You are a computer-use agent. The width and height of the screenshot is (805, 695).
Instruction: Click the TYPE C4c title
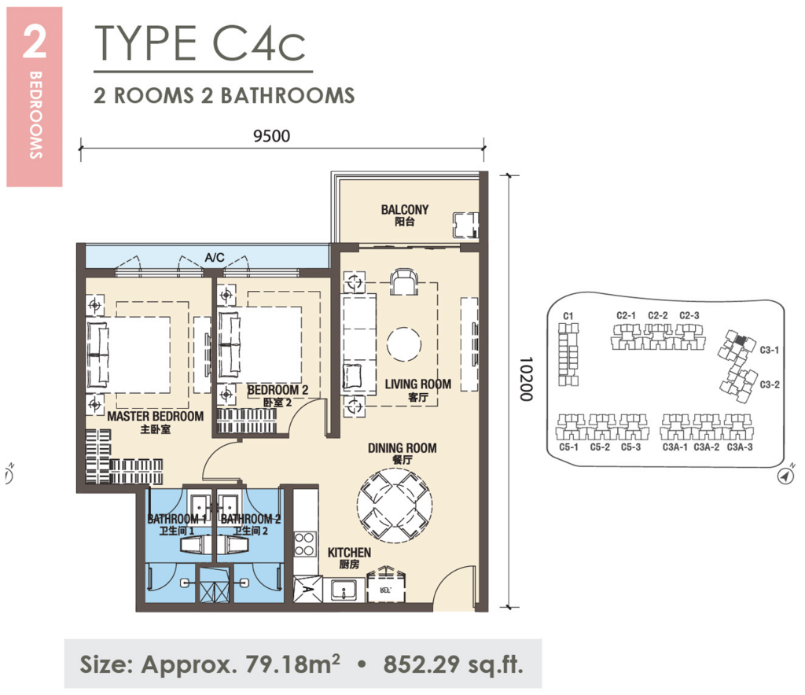tap(197, 44)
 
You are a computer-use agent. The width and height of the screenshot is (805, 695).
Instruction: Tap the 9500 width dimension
tap(273, 134)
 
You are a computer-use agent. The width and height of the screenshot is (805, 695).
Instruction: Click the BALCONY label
tap(405, 210)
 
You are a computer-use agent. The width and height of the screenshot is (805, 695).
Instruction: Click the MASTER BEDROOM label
tap(155, 416)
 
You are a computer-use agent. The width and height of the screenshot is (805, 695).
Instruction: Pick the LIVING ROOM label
tap(417, 384)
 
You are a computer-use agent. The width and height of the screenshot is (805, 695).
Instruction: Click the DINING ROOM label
tap(402, 448)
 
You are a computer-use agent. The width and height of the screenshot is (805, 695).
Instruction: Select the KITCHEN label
tap(349, 553)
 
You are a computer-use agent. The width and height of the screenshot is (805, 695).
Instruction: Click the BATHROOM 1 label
tap(176, 519)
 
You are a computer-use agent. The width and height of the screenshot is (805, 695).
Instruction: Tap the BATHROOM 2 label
tap(251, 519)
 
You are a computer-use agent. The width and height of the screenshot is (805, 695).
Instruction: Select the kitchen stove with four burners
tap(304, 543)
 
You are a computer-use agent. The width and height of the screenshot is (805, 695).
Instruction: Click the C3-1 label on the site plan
tap(769, 350)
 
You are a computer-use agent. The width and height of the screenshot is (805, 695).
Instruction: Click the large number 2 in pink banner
tap(34, 44)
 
